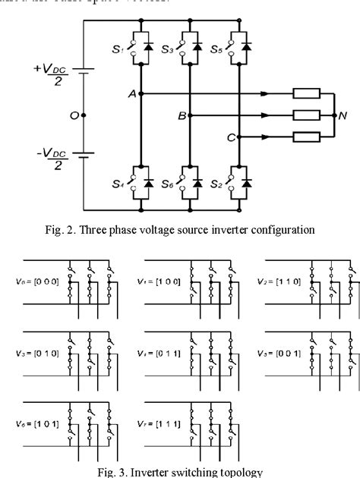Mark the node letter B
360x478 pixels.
pos(182,116)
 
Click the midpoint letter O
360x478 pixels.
pos(73,115)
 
